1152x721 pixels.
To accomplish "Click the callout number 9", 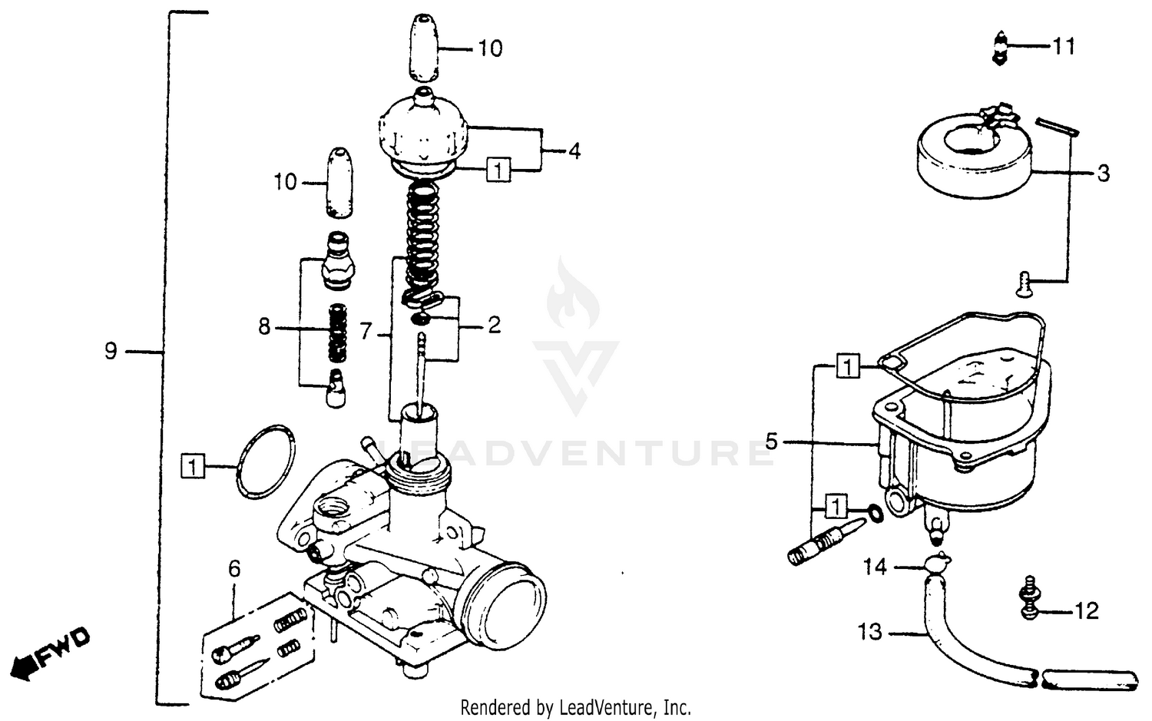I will point(111,352).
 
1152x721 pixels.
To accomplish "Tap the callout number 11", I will point(1064,47).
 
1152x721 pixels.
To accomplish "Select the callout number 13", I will point(870,633).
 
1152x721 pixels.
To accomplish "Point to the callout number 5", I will point(772,442).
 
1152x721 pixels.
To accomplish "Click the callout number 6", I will point(234,569).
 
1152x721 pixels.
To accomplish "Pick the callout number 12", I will point(1087,611).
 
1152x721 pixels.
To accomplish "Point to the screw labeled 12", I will point(1028,598).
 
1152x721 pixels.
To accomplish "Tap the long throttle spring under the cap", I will point(422,237).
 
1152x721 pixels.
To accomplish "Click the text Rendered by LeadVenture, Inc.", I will point(575,706).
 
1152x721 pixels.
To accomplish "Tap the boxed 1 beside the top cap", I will point(498,169).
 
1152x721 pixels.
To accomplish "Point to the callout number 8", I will point(264,328).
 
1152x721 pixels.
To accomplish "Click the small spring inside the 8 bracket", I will point(337,333).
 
